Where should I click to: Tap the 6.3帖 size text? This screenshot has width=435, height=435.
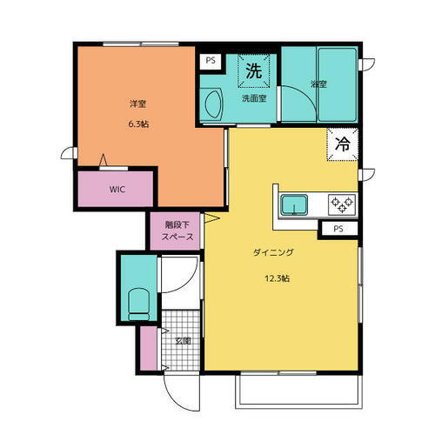click(x=137, y=124)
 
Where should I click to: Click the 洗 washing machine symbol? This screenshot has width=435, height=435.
click(x=253, y=71)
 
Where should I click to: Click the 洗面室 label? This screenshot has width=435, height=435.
click(x=254, y=98)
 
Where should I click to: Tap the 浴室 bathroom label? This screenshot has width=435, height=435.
click(x=318, y=84)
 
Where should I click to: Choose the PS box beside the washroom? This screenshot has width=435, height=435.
click(x=210, y=61)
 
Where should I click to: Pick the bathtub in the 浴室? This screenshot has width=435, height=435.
click(x=334, y=84)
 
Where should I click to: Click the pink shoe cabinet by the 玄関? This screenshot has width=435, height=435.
click(x=149, y=346)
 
